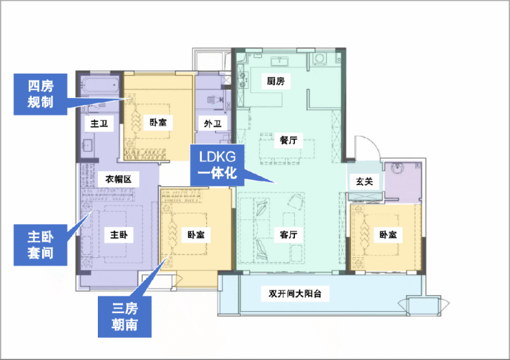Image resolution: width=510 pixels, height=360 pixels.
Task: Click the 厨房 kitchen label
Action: click(x=276, y=81)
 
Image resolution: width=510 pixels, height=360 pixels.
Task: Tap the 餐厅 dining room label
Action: click(x=289, y=140)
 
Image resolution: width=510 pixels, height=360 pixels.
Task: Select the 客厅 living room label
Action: click(x=289, y=234)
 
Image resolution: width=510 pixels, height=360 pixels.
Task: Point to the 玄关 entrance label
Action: click(x=365, y=181)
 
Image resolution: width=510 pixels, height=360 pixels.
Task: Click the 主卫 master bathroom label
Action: click(x=99, y=123)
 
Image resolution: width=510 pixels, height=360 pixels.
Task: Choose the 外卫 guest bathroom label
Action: click(x=213, y=123)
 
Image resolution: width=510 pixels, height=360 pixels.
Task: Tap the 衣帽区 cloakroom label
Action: click(x=119, y=179)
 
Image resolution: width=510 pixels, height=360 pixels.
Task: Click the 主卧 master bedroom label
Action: click(x=119, y=234)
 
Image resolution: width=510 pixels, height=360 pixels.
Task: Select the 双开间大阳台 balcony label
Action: click(x=295, y=294)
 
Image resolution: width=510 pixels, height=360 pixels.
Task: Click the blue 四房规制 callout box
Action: click(x=41, y=94)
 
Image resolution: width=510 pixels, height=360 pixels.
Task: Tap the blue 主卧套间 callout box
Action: click(x=41, y=245)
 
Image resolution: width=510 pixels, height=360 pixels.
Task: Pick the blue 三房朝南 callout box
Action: click(x=125, y=317)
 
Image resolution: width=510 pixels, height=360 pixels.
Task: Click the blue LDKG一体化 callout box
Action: click(x=217, y=165)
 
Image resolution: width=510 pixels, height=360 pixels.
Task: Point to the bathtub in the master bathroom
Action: click(x=100, y=86)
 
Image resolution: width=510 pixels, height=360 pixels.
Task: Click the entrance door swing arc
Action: click(x=374, y=143)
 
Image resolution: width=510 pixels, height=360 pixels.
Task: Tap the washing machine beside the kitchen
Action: click(x=319, y=59)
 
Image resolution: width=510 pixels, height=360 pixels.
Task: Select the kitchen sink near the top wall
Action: click(x=279, y=61)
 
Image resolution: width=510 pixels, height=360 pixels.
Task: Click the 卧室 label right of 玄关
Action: click(x=388, y=234)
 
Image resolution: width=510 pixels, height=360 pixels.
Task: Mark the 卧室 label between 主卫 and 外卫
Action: click(x=158, y=122)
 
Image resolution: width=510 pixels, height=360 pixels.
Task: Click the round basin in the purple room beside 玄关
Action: click(x=398, y=168)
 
